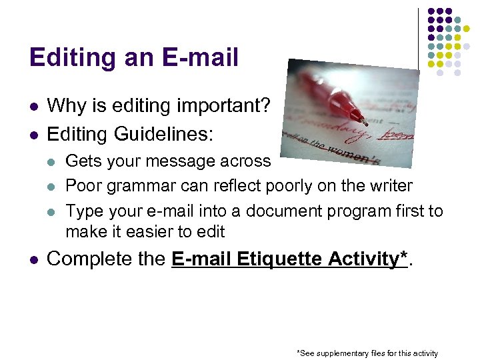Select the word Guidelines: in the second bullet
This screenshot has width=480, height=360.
click(x=164, y=134)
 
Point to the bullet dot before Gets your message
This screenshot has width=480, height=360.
click(x=53, y=162)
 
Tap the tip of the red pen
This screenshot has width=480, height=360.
click(x=365, y=123)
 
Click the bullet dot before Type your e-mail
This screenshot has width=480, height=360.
click(x=53, y=211)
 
